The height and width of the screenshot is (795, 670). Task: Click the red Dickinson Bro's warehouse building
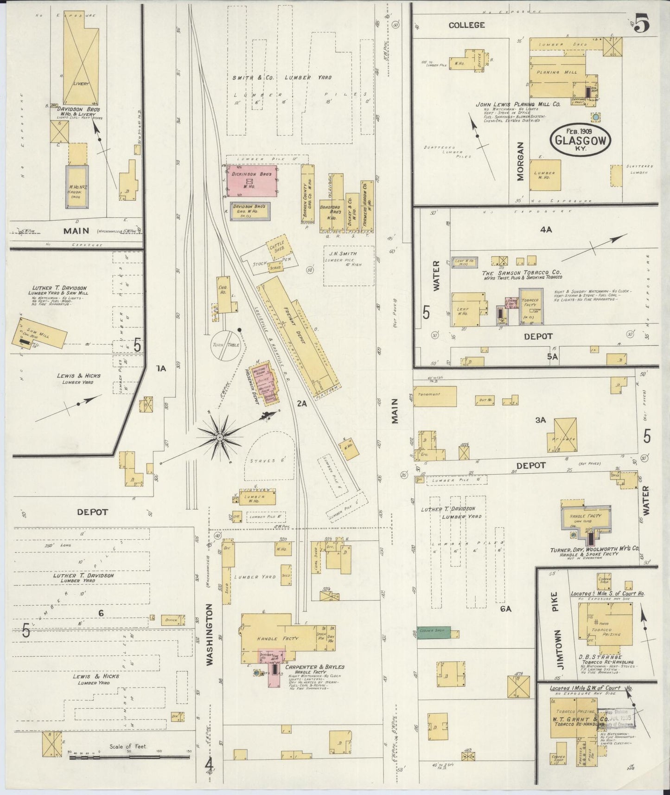252,181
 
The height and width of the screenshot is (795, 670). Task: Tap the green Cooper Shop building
434,634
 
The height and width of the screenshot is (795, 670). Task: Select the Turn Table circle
226,346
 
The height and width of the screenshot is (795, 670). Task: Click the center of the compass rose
219,437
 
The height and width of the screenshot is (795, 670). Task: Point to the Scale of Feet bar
129,757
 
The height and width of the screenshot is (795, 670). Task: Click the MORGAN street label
520,161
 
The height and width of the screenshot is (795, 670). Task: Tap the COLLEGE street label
466,25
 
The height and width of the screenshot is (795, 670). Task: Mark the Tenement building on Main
435,396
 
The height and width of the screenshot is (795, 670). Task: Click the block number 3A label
541,420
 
